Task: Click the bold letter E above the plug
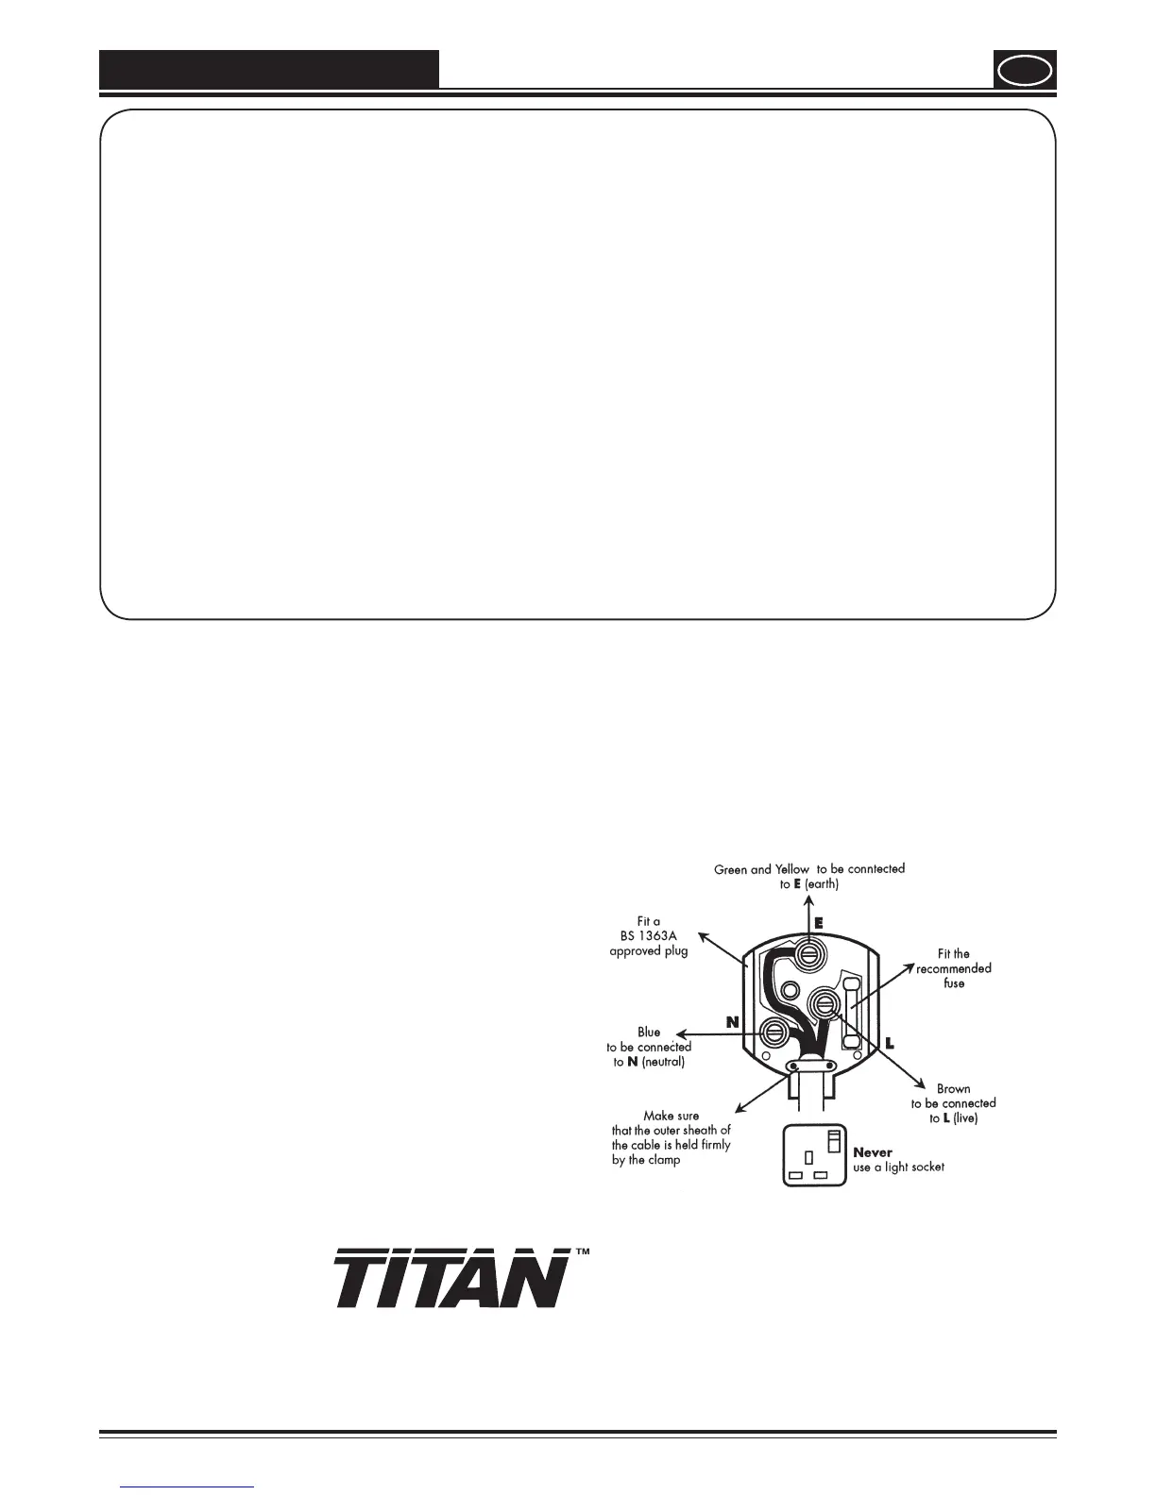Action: coord(818,923)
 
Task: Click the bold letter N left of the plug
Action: coord(732,1022)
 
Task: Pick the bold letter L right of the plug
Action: coord(889,1044)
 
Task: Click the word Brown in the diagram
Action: coord(953,1088)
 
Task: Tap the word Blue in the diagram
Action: coord(649,1032)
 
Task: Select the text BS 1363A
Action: coord(649,935)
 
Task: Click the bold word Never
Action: coord(873,1151)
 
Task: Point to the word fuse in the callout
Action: coord(954,983)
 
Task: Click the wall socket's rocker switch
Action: coord(835,1139)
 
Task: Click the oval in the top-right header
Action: coord(1025,71)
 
